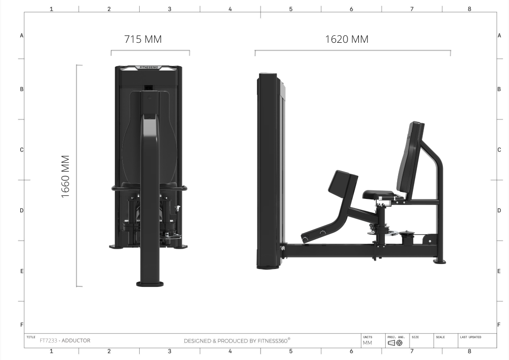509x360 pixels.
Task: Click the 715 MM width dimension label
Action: point(143,39)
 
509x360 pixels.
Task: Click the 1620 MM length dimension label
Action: point(346,39)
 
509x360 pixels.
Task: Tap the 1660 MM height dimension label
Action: point(65,177)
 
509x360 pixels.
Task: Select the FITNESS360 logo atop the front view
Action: point(149,68)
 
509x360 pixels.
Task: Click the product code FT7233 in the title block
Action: point(48,341)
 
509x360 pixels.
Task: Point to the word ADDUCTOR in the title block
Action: point(76,341)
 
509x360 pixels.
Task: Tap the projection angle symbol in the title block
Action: point(395,343)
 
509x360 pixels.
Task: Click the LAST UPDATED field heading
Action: point(470,337)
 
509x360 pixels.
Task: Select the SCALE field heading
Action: point(440,337)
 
